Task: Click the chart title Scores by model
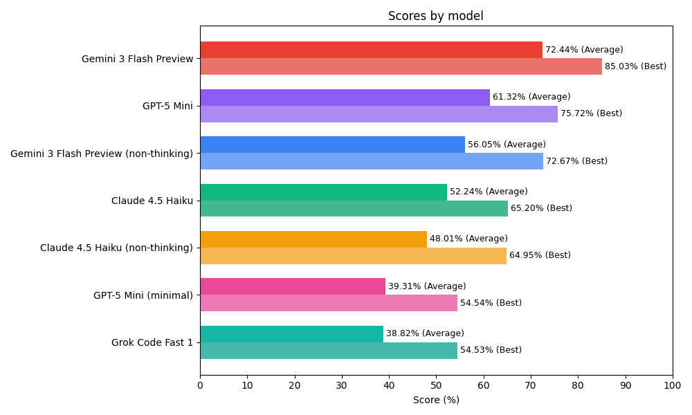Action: [435, 16]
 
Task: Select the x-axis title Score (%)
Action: [436, 400]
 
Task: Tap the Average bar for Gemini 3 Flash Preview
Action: [371, 50]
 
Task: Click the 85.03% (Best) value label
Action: [635, 66]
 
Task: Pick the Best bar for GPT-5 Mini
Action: [379, 114]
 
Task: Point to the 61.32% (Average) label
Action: [531, 97]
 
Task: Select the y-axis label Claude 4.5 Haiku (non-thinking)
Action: [116, 248]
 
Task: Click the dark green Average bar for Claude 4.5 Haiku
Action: [323, 192]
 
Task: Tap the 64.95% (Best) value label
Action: [540, 255]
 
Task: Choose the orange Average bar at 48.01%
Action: [313, 239]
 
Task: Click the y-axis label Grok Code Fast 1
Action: [152, 342]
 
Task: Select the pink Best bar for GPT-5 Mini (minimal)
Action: [329, 303]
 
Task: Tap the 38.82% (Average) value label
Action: [425, 333]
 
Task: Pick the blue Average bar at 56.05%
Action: [332, 145]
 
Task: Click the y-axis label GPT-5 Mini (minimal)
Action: [143, 295]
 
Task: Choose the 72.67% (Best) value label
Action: [576, 161]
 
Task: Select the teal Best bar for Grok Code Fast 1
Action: [329, 351]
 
